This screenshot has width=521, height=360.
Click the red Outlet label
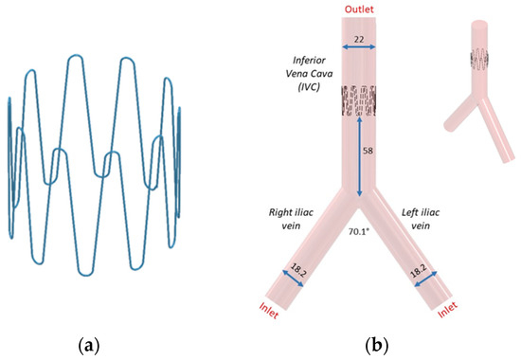(x=359, y=9)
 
